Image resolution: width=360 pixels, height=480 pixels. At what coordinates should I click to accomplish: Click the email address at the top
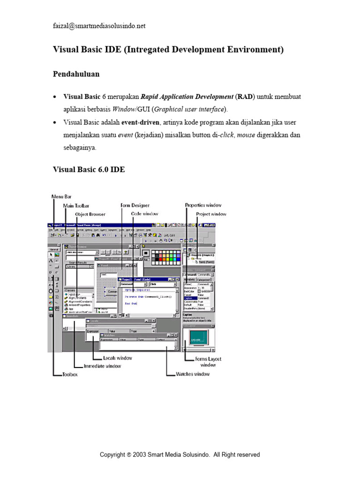pos(99,26)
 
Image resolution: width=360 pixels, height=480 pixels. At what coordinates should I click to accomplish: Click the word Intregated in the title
pos(148,50)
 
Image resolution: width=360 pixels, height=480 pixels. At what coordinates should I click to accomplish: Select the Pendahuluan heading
pos(76,74)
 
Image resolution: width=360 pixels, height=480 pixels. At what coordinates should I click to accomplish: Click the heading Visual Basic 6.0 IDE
pos(89,170)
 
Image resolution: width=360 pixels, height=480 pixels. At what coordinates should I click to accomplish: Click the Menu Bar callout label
pos(61,197)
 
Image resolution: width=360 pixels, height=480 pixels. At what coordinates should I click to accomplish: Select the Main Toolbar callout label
pos(76,206)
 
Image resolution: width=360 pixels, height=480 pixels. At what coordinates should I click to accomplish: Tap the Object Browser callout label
pos(90,214)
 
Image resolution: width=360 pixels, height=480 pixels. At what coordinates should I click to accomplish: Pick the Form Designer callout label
pos(135,205)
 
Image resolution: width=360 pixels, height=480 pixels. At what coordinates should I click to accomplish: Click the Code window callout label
pos(145,214)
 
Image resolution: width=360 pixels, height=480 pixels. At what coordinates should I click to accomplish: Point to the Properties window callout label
pos(203,205)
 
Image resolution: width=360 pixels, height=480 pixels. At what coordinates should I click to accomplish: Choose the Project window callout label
pos(211,214)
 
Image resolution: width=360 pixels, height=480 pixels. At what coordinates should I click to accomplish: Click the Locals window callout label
pos(118,358)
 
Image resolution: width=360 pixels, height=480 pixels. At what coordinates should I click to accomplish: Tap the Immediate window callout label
pos(102,366)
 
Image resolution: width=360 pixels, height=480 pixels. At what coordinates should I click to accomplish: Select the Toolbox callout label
pos(70,375)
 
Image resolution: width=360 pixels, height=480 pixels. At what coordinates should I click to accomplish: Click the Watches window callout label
pos(193,374)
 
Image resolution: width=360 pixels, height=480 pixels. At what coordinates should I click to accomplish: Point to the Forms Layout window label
pos(209,362)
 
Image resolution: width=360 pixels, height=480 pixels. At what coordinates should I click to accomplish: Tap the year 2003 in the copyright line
pos(140,455)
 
